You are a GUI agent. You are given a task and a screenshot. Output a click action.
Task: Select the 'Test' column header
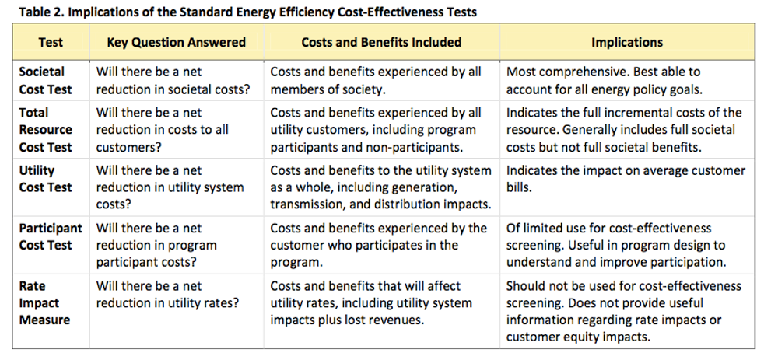50,42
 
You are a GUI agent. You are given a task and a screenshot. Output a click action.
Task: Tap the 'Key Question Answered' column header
176,42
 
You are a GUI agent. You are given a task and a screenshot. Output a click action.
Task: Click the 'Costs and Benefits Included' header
381,42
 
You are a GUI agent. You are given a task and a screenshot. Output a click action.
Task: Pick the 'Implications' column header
626,42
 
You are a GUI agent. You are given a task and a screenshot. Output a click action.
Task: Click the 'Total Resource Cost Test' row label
45,130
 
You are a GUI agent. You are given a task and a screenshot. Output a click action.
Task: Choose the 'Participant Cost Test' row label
50,236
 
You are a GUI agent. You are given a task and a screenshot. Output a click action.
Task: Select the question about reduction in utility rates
166,294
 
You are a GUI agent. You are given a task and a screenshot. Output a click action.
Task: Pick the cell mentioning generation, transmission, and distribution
380,187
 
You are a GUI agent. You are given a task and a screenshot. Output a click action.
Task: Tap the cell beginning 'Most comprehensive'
603,80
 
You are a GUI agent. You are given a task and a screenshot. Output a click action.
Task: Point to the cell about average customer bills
626,179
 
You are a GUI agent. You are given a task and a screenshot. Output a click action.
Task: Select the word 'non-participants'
423,147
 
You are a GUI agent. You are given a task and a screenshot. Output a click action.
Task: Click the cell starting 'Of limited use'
616,245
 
